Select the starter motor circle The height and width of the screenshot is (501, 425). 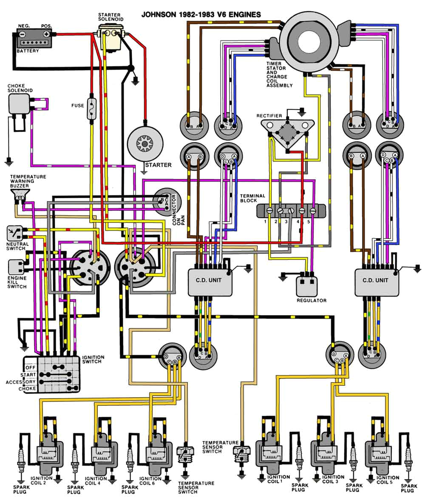(144, 144)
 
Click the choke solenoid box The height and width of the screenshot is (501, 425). (19, 104)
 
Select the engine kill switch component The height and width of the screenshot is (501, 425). (16, 268)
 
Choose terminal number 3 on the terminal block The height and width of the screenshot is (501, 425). (291, 211)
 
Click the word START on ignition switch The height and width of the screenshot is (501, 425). (28, 374)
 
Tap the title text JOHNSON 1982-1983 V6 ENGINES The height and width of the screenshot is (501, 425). (201, 15)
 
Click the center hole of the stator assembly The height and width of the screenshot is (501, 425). (312, 43)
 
